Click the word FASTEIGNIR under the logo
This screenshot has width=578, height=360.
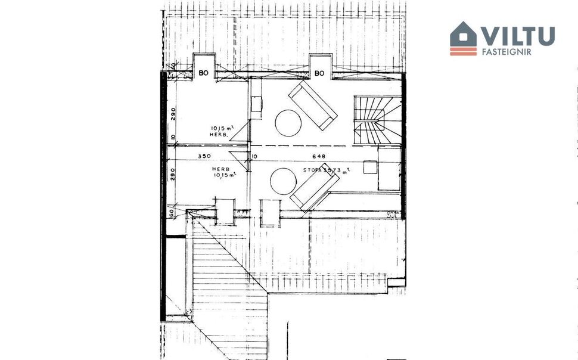coord(506,52)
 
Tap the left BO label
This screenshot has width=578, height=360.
coord(204,73)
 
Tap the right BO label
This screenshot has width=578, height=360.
coord(319,73)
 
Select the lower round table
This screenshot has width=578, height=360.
coord(283,181)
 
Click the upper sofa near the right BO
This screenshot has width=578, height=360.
coord(313,105)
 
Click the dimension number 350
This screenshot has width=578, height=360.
coord(205,157)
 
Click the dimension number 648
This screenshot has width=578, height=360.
coord(319,157)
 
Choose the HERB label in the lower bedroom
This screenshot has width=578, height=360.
coord(221,169)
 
